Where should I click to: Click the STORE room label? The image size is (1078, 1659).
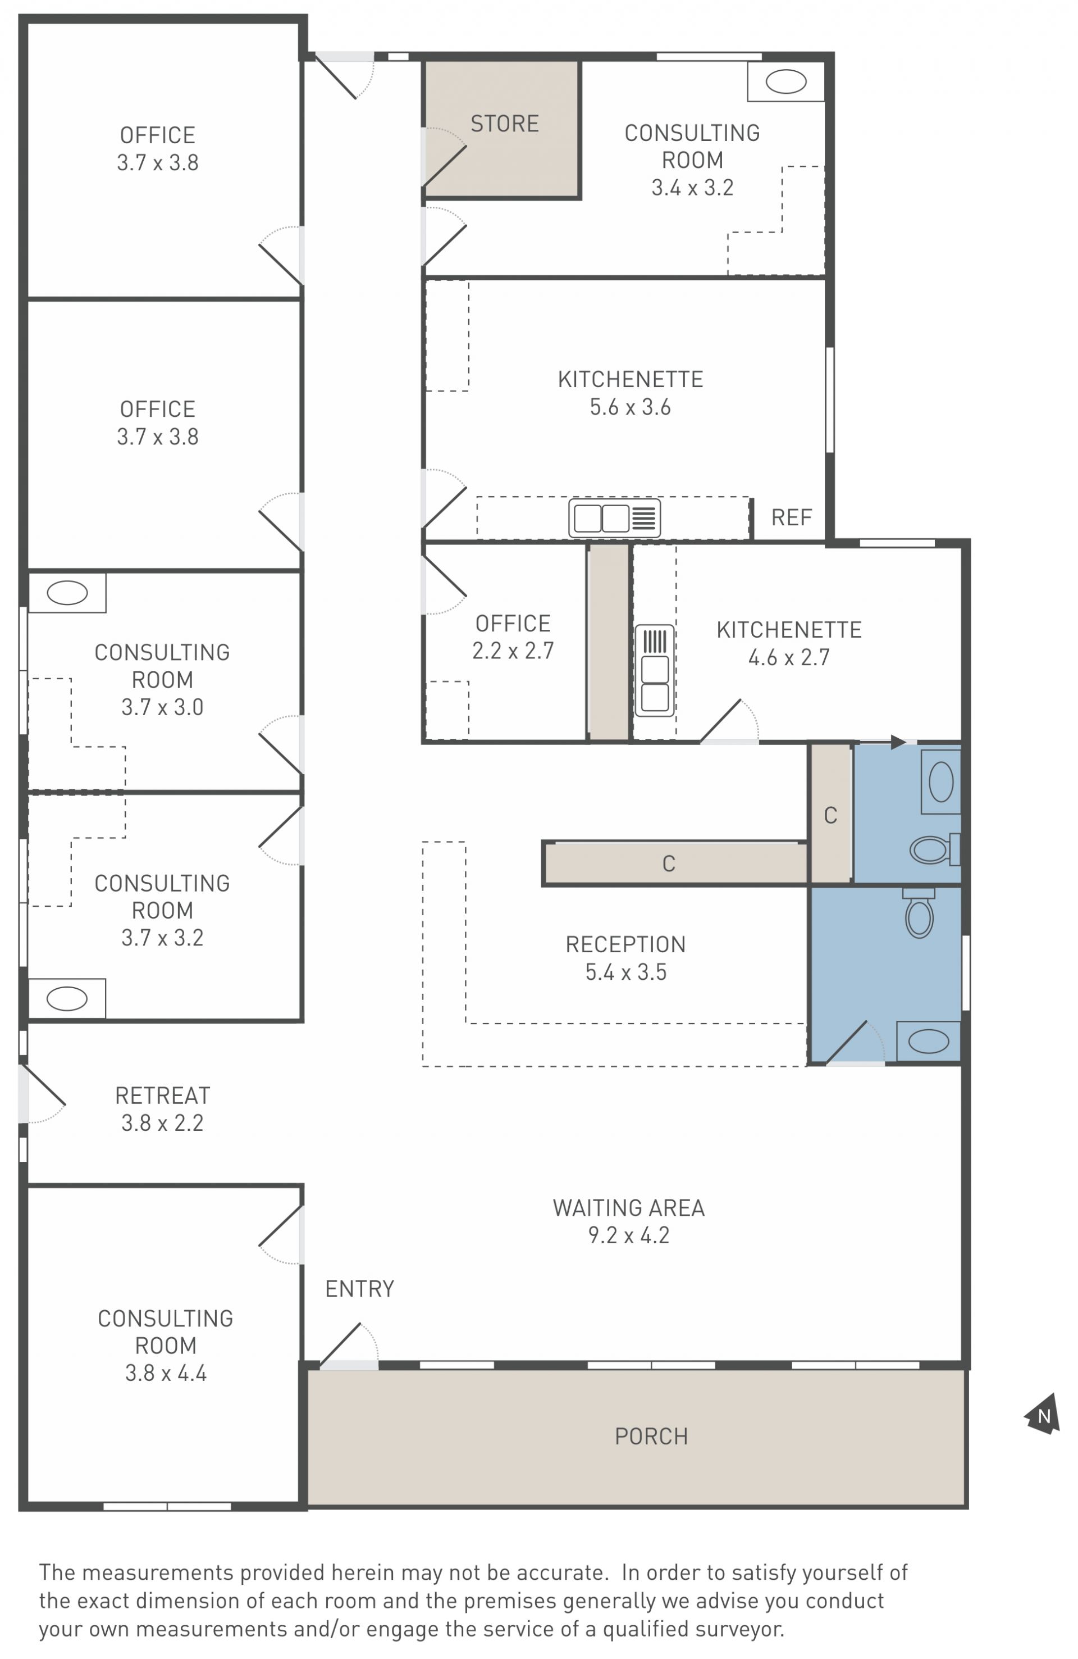coord(505,124)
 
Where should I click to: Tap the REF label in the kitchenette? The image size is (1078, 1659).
coord(791,517)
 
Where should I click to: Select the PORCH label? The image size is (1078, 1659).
coord(651,1436)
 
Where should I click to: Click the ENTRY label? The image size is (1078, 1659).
coord(359,1289)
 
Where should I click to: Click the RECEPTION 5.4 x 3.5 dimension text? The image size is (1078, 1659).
coord(626,972)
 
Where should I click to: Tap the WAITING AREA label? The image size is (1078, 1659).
coord(628,1208)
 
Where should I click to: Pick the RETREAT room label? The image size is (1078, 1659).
coord(162,1096)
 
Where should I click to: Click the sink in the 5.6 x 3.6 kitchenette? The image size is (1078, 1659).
coord(614,518)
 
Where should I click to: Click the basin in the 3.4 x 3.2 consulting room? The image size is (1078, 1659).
coord(785,81)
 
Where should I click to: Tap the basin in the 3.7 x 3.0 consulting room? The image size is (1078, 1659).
coord(67,593)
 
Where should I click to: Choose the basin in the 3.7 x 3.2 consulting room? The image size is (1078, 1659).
coord(67,998)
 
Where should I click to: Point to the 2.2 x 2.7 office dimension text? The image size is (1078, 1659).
coord(513,651)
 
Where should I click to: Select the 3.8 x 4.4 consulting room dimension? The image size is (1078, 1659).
coord(166,1372)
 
